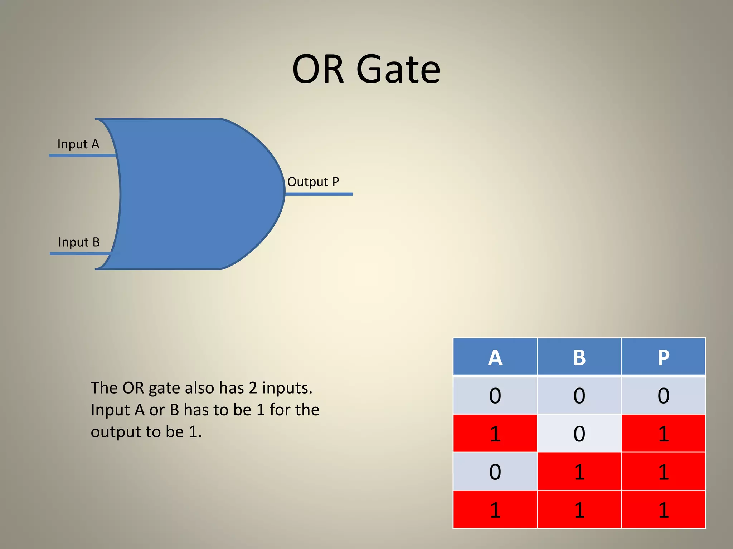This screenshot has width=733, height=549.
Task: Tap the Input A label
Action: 78,144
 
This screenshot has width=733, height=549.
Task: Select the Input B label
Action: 79,242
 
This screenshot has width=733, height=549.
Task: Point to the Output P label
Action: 313,182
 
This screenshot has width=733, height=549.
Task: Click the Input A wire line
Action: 82,155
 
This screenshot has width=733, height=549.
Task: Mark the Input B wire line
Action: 81,253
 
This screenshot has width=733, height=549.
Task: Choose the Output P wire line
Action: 319,194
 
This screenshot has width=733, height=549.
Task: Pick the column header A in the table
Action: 495,357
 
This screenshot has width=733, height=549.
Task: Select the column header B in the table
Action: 579,357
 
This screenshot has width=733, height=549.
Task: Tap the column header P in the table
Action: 663,357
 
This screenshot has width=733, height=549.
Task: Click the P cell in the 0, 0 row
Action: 663,396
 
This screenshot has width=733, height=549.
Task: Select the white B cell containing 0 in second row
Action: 579,434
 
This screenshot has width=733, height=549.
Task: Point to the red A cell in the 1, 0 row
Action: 495,434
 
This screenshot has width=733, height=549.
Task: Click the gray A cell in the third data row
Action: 495,471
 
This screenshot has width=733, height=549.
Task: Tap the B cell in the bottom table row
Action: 579,510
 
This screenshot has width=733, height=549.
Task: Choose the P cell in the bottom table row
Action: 663,510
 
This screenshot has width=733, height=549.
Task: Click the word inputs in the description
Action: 287,388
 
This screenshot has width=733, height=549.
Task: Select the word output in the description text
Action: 116,432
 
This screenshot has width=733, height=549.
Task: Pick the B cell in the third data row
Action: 579,471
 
